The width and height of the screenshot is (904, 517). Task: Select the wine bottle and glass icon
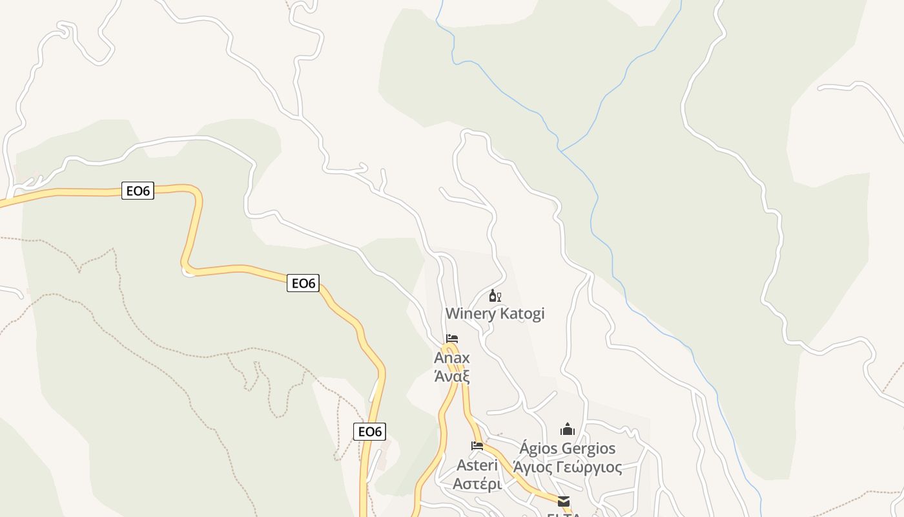click(x=495, y=296)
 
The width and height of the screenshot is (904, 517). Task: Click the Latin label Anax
click(x=452, y=358)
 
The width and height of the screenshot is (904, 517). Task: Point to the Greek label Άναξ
click(x=452, y=375)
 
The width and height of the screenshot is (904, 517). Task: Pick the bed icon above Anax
click(x=452, y=339)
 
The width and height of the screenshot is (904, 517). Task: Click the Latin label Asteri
click(x=477, y=465)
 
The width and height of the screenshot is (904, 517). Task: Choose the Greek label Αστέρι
click(x=477, y=484)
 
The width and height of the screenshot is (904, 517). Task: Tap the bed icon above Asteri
click(x=477, y=446)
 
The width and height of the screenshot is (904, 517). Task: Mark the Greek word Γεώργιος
click(x=590, y=467)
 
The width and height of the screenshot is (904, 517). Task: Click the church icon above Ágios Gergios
click(x=568, y=429)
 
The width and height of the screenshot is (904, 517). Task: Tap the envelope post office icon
click(x=564, y=501)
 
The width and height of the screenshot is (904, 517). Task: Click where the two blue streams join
click(x=560, y=151)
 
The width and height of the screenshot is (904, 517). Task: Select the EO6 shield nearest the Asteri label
click(x=370, y=432)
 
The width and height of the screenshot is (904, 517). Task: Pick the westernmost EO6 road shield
click(x=138, y=191)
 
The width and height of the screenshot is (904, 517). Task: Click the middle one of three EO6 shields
click(x=303, y=283)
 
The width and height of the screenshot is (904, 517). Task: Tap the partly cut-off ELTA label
click(x=564, y=514)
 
